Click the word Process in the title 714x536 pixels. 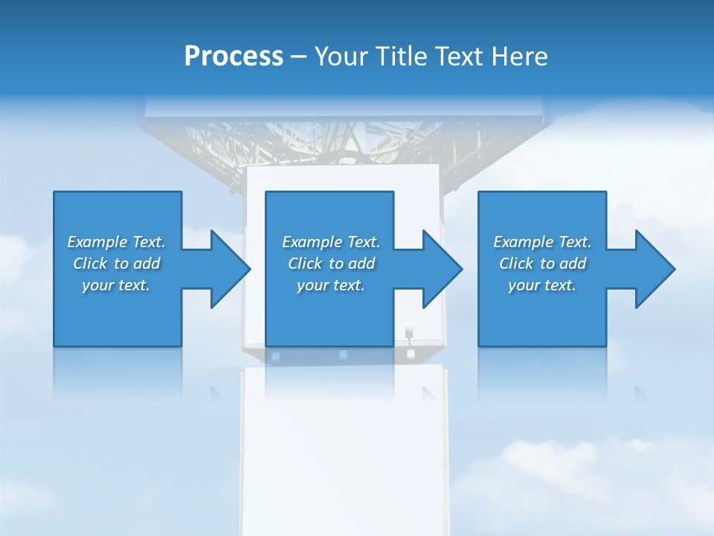pyautogui.click(x=234, y=57)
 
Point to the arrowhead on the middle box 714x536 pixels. pyautogui.click(x=440, y=269)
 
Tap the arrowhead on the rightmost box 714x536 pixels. pyautogui.click(x=653, y=269)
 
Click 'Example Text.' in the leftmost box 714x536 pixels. pyautogui.click(x=116, y=242)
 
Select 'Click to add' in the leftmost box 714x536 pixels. pyautogui.click(x=116, y=264)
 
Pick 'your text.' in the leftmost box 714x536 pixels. pyautogui.click(x=116, y=285)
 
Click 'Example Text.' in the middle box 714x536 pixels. pyautogui.click(x=331, y=242)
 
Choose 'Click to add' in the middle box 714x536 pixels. pyautogui.click(x=331, y=264)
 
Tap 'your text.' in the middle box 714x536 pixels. pyautogui.click(x=331, y=285)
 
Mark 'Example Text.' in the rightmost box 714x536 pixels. pyautogui.click(x=542, y=242)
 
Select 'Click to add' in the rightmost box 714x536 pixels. pyautogui.click(x=542, y=264)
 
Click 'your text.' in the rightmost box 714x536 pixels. pyautogui.click(x=542, y=285)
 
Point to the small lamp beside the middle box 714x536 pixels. pyautogui.click(x=408, y=331)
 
